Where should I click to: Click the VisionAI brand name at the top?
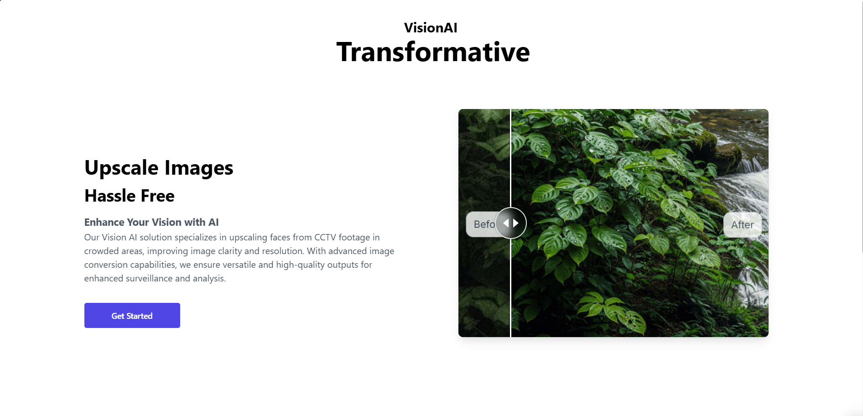[431, 28]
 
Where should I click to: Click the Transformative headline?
[433, 52]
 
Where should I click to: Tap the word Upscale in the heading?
[121, 168]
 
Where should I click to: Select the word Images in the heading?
[199, 168]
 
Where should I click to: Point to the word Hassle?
[110, 196]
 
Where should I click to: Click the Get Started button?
[132, 315]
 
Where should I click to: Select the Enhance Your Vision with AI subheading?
[151, 222]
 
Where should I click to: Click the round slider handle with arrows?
[511, 223]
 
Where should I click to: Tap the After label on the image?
[743, 224]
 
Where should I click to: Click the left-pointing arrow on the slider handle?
[505, 223]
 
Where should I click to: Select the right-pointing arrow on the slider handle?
[516, 223]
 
